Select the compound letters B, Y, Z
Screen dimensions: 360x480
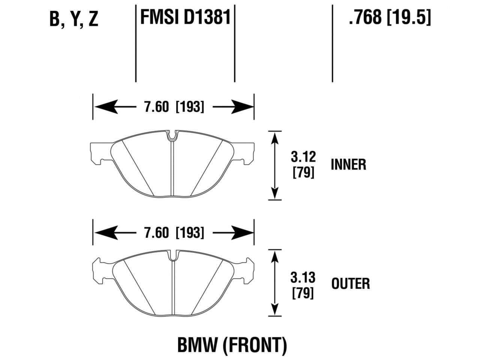[x=74, y=19]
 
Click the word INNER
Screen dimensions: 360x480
[x=348, y=165]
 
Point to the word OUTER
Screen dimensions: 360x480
[x=350, y=283]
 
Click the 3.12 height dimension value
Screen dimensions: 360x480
[x=303, y=156]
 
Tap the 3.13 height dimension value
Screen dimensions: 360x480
[x=303, y=277]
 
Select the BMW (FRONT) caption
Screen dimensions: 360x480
[x=232, y=345]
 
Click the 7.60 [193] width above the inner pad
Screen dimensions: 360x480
[x=174, y=107]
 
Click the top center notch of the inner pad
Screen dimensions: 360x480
[x=172, y=135]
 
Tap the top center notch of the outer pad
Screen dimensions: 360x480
[x=173, y=256]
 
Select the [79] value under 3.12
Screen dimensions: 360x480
[x=303, y=173]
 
